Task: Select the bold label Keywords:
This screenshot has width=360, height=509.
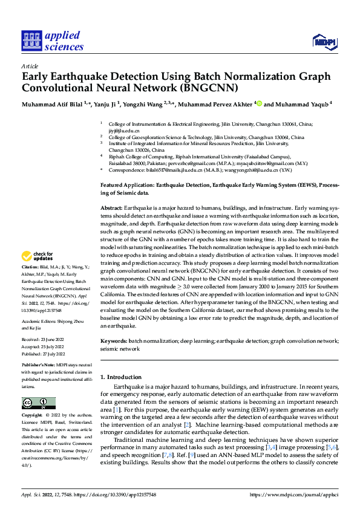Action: [x=113, y=342]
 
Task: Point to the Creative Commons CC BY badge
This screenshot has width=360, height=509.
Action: [x=39, y=403]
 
